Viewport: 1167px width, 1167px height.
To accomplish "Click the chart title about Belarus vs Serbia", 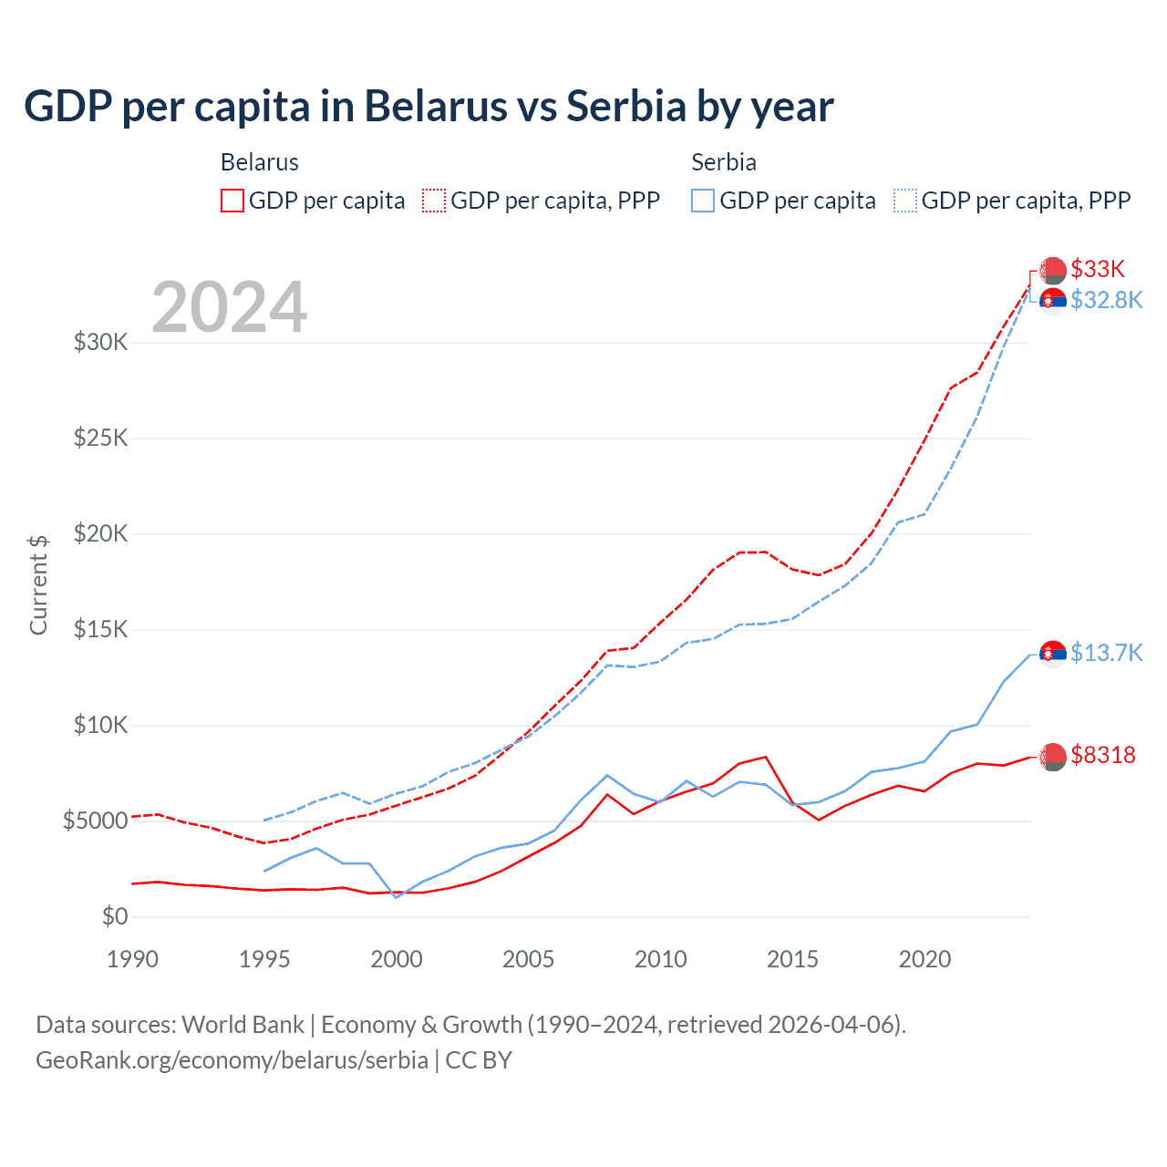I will pyautogui.click(x=429, y=107).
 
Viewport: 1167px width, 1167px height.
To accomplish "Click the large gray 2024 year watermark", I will pyautogui.click(x=230, y=307).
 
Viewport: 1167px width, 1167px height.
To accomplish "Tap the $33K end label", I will pyautogui.click(x=1098, y=269).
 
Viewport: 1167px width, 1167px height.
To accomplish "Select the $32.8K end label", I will pyautogui.click(x=1106, y=300).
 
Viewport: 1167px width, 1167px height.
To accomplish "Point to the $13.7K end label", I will pyautogui.click(x=1106, y=653).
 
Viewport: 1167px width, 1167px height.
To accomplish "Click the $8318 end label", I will pyautogui.click(x=1103, y=755).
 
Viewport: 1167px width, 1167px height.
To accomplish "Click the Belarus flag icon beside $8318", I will pyautogui.click(x=1053, y=756).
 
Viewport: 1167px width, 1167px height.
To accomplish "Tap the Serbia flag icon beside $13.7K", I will pyautogui.click(x=1053, y=654).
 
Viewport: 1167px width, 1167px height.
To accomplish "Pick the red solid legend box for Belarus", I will pyautogui.click(x=232, y=201).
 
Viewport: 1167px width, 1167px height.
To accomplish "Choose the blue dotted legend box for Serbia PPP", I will pyautogui.click(x=905, y=201).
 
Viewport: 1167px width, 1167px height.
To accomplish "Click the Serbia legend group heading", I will pyautogui.click(x=724, y=162).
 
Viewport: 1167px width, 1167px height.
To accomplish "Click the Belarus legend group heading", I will pyautogui.click(x=260, y=162).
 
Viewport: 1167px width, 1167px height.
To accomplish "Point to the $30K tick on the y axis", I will pyautogui.click(x=101, y=343).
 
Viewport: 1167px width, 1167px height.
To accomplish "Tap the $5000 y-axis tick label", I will pyautogui.click(x=95, y=821).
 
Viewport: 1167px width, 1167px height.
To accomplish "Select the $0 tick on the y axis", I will pyautogui.click(x=115, y=916).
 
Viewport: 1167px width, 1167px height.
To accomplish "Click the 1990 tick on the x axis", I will pyautogui.click(x=133, y=959).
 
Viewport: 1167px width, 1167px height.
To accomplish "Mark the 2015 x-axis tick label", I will pyautogui.click(x=792, y=959).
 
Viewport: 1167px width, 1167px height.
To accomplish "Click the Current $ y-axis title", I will pyautogui.click(x=38, y=584).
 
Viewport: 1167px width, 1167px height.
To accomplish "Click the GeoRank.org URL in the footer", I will pyautogui.click(x=232, y=1060).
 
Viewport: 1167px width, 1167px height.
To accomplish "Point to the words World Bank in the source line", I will pyautogui.click(x=243, y=1025).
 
